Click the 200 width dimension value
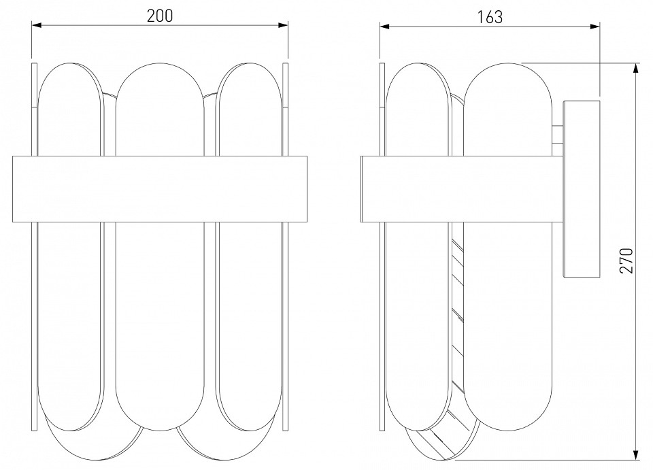[160, 16]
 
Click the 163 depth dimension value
[490, 17]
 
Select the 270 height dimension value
[626, 261]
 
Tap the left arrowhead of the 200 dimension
[37, 25]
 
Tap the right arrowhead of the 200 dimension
[283, 25]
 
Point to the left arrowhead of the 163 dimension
[384, 27]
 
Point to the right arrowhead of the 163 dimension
[595, 27]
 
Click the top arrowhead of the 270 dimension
[636, 68]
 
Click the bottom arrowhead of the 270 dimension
[636, 454]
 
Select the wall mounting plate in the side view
[582, 189]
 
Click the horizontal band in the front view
[160, 189]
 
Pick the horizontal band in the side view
[462, 189]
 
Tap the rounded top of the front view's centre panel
[160, 64]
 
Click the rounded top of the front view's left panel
[69, 64]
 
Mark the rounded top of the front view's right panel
[249, 64]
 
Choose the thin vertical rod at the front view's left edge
[34, 246]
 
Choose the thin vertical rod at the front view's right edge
[285, 246]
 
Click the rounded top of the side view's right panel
[507, 64]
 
